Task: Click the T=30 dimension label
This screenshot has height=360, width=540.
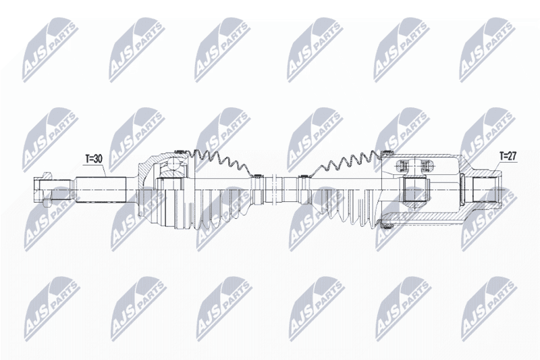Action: (94, 159)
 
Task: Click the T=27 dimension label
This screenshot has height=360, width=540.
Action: (508, 156)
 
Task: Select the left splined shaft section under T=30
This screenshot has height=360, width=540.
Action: (101, 190)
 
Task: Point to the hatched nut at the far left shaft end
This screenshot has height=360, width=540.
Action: (43, 189)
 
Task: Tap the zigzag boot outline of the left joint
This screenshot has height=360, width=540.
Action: (221, 161)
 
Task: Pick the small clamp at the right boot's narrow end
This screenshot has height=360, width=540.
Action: (303, 177)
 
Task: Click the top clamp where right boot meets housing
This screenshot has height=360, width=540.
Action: (387, 153)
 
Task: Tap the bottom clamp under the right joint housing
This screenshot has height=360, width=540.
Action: (387, 226)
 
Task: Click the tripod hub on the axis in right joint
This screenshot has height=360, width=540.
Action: (414, 189)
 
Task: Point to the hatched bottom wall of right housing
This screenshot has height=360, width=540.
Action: (424, 217)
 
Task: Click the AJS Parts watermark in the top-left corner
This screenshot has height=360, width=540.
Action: (50, 50)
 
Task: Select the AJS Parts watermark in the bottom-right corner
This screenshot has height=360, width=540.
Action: (489, 308)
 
